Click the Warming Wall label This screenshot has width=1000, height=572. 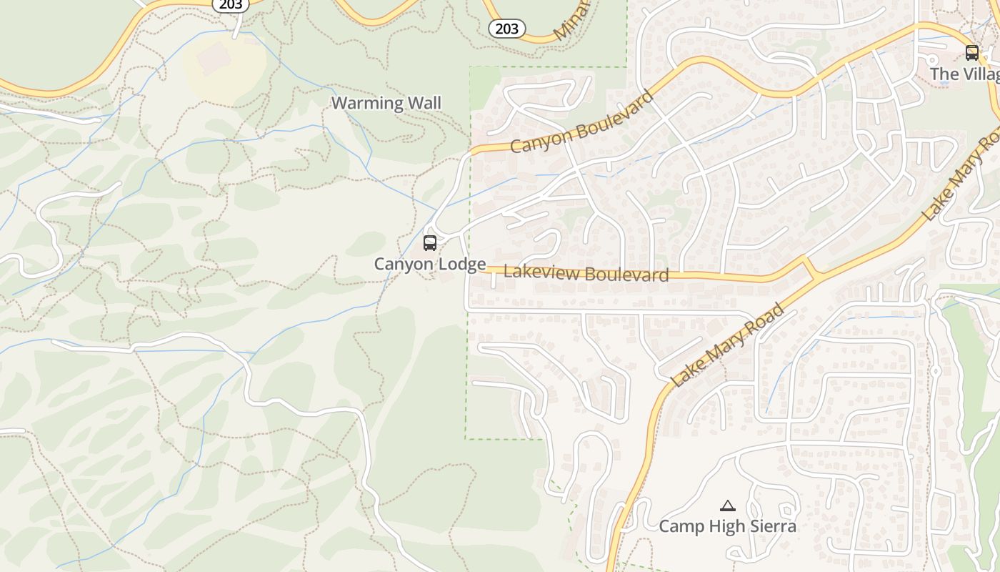tap(386, 103)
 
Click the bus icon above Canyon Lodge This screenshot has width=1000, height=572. tap(429, 243)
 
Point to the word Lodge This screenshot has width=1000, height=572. tap(462, 264)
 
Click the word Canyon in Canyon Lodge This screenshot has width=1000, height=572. tap(404, 264)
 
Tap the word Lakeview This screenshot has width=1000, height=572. tap(534, 272)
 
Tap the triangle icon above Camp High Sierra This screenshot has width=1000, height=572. tap(727, 506)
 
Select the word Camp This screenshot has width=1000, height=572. tap(681, 527)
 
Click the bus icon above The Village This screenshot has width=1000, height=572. tap(971, 52)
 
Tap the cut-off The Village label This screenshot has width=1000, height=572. tap(964, 74)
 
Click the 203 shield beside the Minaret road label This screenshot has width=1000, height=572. tap(507, 29)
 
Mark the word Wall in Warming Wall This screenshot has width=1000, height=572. tap(424, 103)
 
